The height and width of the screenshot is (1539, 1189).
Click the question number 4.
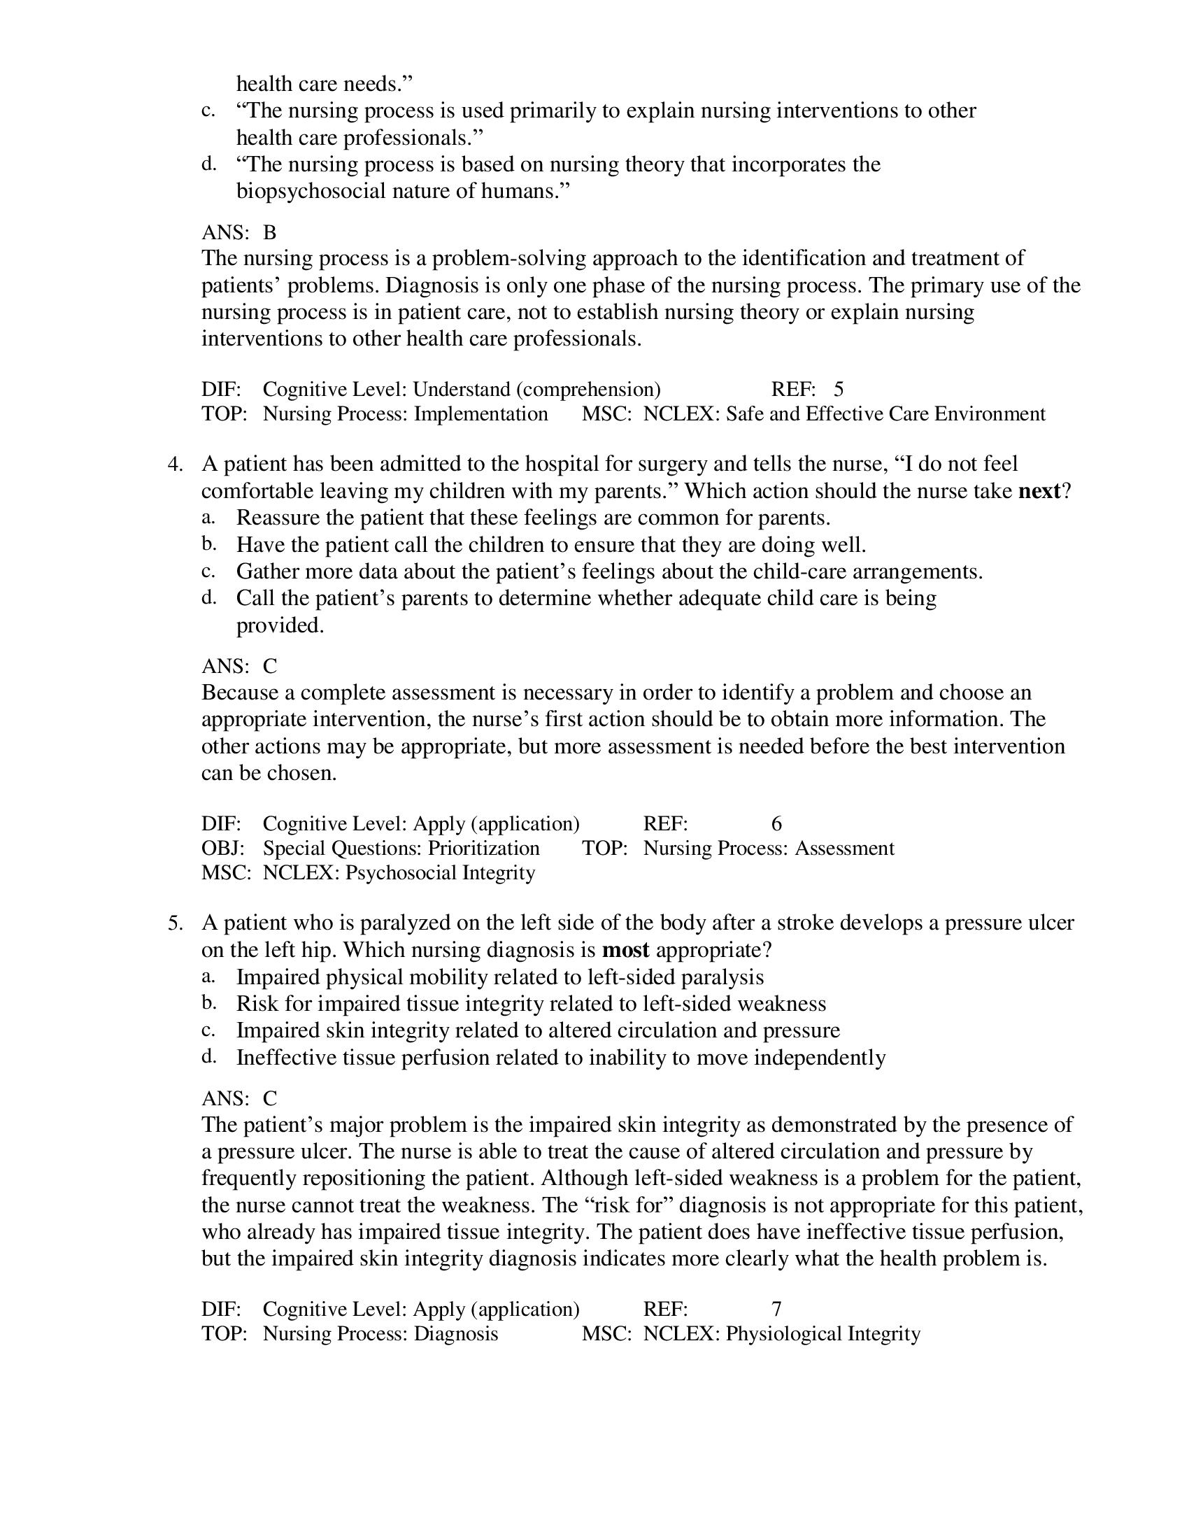pyautogui.click(x=175, y=464)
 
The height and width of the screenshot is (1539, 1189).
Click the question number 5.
pyautogui.click(x=175, y=923)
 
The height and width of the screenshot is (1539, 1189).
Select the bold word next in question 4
pyautogui.click(x=1039, y=491)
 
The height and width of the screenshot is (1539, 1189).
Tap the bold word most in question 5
pyautogui.click(x=625, y=950)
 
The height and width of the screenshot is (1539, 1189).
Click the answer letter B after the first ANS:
pyautogui.click(x=270, y=232)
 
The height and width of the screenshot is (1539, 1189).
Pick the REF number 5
pyautogui.click(x=838, y=389)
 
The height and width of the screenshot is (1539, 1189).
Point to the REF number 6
pyautogui.click(x=776, y=823)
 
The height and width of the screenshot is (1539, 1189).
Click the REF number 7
pyautogui.click(x=776, y=1309)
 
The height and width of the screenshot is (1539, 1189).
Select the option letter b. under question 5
pyautogui.click(x=208, y=1002)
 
